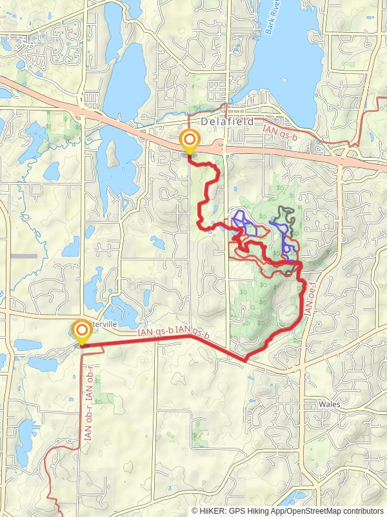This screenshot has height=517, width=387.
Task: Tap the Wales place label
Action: pyautogui.click(x=330, y=404)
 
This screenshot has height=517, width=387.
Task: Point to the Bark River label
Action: pyautogui.click(x=279, y=25)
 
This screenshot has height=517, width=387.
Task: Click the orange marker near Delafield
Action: pyautogui.click(x=189, y=141)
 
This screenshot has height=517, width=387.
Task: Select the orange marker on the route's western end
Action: pyautogui.click(x=82, y=332)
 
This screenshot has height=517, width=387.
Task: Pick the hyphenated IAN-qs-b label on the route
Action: pyautogui.click(x=155, y=332)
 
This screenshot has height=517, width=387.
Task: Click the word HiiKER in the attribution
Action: pyautogui.click(x=213, y=511)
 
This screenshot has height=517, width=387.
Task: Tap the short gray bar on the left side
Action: pyautogui.click(x=25, y=256)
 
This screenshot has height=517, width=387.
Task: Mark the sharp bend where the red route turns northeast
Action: pyautogui.click(x=245, y=359)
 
